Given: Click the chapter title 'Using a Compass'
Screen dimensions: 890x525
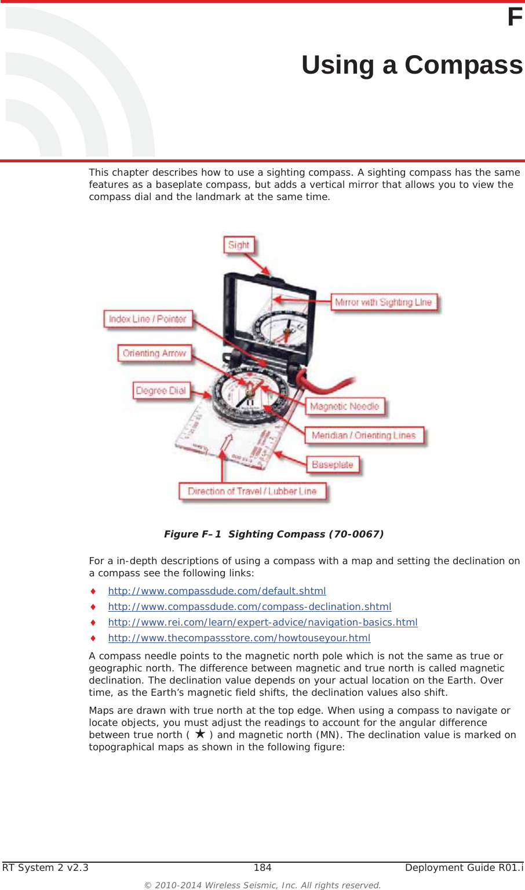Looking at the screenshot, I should (x=411, y=65).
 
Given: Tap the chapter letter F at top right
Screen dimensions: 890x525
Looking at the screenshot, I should (x=515, y=17).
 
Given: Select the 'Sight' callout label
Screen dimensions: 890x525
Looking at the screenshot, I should (x=239, y=245).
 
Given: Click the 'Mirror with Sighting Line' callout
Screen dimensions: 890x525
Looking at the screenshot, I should (x=383, y=302).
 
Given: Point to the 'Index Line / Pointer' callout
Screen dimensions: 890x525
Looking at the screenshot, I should (x=148, y=319).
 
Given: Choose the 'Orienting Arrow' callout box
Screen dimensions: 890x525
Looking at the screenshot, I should (x=154, y=353).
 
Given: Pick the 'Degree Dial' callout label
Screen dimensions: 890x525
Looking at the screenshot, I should (x=161, y=391).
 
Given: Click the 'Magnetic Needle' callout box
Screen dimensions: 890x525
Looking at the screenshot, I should (x=345, y=406).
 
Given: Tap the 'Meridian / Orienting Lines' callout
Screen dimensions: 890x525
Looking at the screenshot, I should (x=364, y=435).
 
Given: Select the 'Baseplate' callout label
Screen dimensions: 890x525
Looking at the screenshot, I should (x=333, y=464).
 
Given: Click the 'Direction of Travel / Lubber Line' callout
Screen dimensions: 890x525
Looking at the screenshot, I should (x=252, y=491).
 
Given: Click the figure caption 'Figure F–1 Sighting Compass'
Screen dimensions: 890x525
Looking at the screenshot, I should (x=274, y=534).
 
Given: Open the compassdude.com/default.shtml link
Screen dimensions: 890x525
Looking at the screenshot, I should (x=217, y=591).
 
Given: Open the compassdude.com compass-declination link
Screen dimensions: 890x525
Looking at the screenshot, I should (x=249, y=606).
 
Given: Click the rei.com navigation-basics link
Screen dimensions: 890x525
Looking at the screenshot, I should (x=262, y=622).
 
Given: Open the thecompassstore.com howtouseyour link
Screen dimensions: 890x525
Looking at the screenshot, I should (x=239, y=638).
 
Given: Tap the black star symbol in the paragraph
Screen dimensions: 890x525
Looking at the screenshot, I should (x=200, y=734).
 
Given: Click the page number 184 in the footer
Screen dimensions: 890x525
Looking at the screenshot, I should (x=262, y=867).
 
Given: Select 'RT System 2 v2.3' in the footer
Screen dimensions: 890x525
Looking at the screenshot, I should (x=46, y=867).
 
